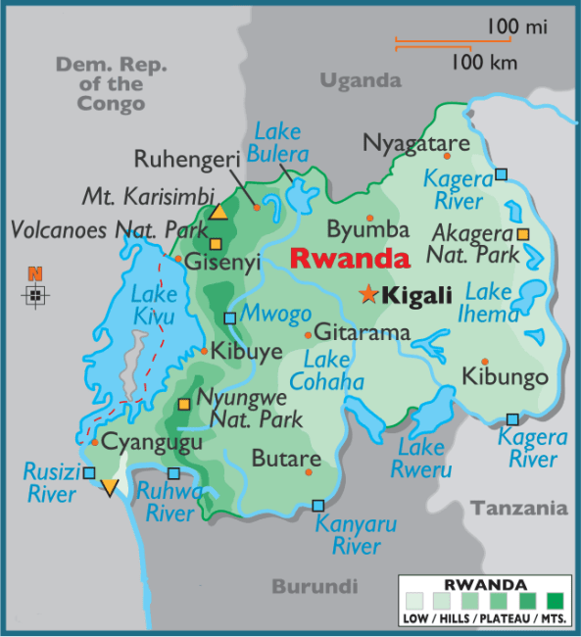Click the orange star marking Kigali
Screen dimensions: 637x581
coord(368,294)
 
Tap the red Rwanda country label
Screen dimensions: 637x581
coord(350,260)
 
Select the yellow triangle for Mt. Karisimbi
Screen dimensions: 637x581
coord(219,212)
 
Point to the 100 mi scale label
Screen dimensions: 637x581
coord(516,27)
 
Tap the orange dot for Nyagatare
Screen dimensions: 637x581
coord(448,155)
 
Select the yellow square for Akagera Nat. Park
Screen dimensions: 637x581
coord(523,234)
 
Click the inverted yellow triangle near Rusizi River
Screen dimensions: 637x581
coord(110,487)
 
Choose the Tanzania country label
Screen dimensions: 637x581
coord(518,509)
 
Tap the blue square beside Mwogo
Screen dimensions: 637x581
coord(229,318)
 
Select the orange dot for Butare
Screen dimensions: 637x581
coord(308,471)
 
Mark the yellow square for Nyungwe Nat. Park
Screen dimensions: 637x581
coord(183,405)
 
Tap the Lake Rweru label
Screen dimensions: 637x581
coord(424,459)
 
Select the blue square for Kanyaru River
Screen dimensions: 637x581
coord(317,506)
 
